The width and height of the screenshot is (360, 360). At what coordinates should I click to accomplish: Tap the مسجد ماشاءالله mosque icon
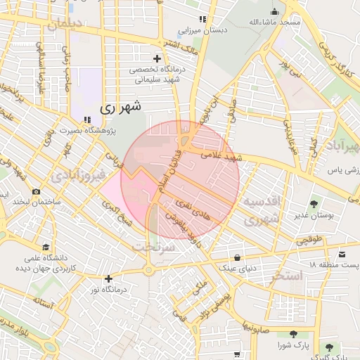pos(275,11)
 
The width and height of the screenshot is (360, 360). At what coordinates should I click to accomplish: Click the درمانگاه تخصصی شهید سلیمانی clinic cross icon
pos(157,57)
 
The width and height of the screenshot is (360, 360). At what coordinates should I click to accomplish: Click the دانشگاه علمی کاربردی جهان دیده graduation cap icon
pos(46,247)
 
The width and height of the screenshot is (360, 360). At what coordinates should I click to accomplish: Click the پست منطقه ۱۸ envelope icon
pos(342,253)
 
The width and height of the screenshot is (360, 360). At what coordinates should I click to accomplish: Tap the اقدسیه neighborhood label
pos(262,202)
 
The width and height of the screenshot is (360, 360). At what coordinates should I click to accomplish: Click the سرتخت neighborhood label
pos(150,247)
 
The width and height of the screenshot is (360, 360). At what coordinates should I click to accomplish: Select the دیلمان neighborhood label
pos(65,25)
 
